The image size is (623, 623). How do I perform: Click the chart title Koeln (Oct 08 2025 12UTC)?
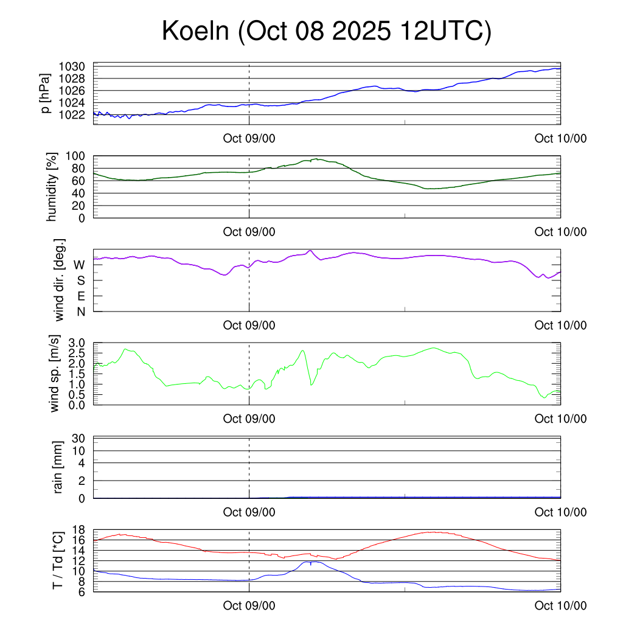pyautogui.click(x=326, y=32)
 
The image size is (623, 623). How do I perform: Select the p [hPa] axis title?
pyautogui.click(x=46, y=92)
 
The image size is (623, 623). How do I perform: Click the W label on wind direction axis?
pyautogui.click(x=79, y=265)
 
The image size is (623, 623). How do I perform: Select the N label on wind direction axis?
pyautogui.click(x=80, y=311)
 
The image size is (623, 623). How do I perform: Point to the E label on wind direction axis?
pyautogui.click(x=80, y=296)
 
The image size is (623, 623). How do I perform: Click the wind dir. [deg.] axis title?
pyautogui.click(x=60, y=280)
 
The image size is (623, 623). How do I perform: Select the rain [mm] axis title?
pyautogui.click(x=59, y=468)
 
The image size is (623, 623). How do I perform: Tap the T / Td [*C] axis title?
pyautogui.click(x=58, y=560)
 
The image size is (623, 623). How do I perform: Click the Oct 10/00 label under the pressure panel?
pyautogui.click(x=560, y=139)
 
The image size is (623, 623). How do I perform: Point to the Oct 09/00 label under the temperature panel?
pyautogui.click(x=249, y=605)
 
